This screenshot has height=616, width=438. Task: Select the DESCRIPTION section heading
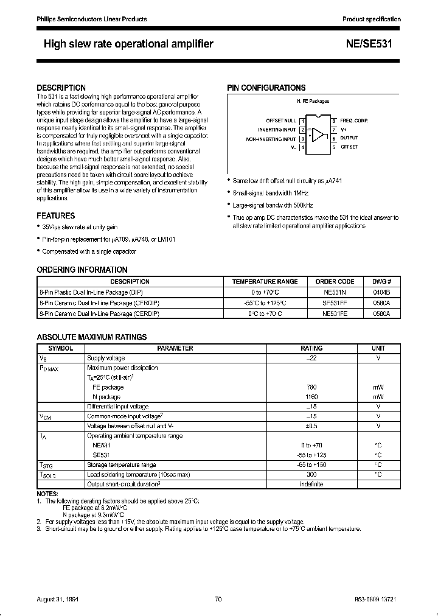point(61,88)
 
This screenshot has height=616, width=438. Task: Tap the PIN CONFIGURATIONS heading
point(266,88)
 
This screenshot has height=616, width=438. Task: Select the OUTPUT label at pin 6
point(349,138)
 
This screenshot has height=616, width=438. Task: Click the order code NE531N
point(335,292)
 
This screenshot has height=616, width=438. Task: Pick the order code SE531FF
point(335,303)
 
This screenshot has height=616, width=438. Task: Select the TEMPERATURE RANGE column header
point(265,282)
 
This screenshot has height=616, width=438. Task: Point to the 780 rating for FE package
point(312,387)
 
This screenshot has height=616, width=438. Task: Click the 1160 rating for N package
point(312,397)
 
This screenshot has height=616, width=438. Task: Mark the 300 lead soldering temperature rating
point(312,474)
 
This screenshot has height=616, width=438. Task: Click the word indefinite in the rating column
point(312,484)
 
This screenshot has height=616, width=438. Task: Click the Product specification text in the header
point(371,19)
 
